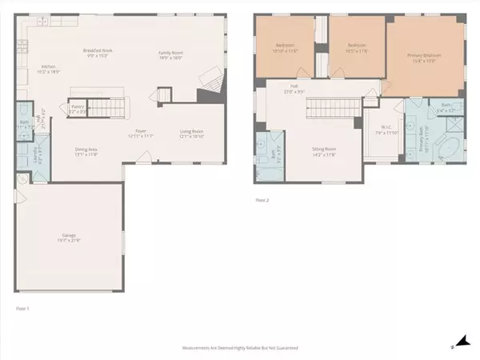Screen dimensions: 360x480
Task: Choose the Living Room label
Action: pos(194,134)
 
